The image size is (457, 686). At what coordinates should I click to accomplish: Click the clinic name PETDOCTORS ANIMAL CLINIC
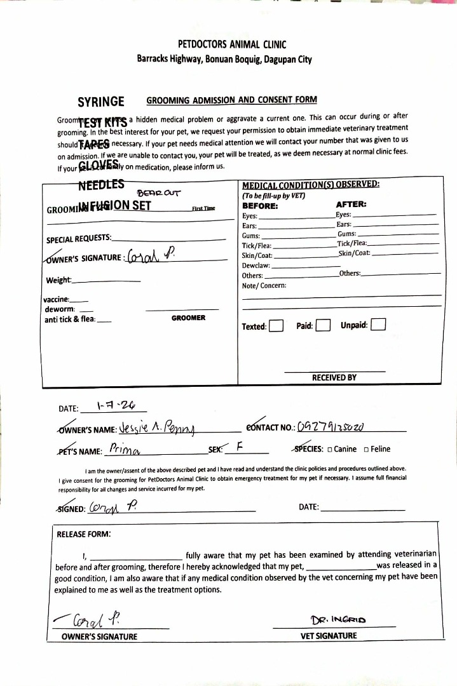(232, 44)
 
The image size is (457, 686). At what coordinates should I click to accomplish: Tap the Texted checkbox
(276, 326)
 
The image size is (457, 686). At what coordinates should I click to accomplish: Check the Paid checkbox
(323, 326)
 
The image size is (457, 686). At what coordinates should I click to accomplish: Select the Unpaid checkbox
(378, 325)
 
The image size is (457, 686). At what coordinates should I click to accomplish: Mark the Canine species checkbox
(329, 449)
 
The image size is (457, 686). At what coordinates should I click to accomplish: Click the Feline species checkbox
(366, 449)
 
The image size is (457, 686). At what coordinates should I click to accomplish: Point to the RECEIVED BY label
(334, 377)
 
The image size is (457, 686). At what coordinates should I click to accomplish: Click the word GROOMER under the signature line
(188, 318)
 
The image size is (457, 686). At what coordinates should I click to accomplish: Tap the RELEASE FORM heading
(84, 534)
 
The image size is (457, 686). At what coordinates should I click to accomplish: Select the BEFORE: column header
(260, 206)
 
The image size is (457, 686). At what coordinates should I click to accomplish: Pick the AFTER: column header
(350, 205)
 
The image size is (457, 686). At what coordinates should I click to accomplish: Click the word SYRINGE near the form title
(101, 102)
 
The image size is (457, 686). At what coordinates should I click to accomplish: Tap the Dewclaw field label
(256, 266)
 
